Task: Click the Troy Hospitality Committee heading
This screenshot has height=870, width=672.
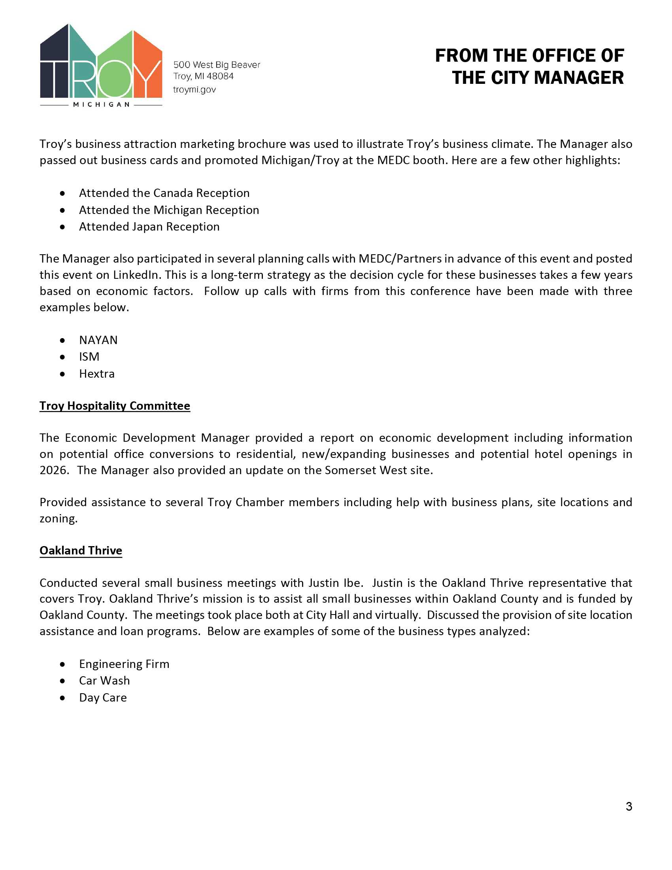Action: (x=115, y=405)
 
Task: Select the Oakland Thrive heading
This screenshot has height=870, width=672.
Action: (x=81, y=550)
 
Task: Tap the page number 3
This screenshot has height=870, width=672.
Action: (x=629, y=806)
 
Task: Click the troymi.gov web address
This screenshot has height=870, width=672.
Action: (x=194, y=90)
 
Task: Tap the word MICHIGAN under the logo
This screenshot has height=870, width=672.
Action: (x=101, y=105)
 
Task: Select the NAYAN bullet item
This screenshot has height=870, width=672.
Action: (x=98, y=340)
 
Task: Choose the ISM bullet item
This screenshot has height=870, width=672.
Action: (x=89, y=357)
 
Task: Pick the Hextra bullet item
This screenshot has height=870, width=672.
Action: (x=97, y=374)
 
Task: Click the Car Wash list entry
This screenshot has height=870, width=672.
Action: (x=104, y=681)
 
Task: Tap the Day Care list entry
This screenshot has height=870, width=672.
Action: (x=103, y=698)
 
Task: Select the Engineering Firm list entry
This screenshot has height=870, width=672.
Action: (x=124, y=664)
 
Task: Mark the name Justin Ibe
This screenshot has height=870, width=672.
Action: (x=335, y=583)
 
